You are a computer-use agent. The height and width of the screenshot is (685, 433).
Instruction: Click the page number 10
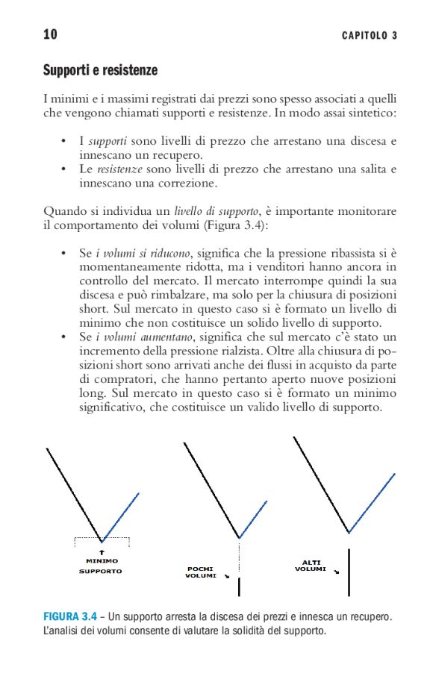click(50, 35)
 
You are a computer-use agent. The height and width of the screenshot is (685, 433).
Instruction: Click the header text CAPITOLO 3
click(369, 36)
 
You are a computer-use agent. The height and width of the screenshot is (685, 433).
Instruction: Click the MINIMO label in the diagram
click(101, 560)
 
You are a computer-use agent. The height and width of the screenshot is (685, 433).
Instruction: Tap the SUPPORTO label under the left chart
click(101, 571)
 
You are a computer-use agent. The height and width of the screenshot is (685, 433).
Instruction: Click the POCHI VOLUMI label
click(200, 572)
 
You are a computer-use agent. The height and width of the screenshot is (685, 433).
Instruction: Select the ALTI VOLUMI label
click(311, 566)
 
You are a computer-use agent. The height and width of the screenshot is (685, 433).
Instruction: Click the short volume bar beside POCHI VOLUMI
click(239, 587)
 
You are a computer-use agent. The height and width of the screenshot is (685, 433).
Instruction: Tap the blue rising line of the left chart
click(121, 516)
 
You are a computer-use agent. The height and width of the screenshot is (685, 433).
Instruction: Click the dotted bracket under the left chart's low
click(101, 537)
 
